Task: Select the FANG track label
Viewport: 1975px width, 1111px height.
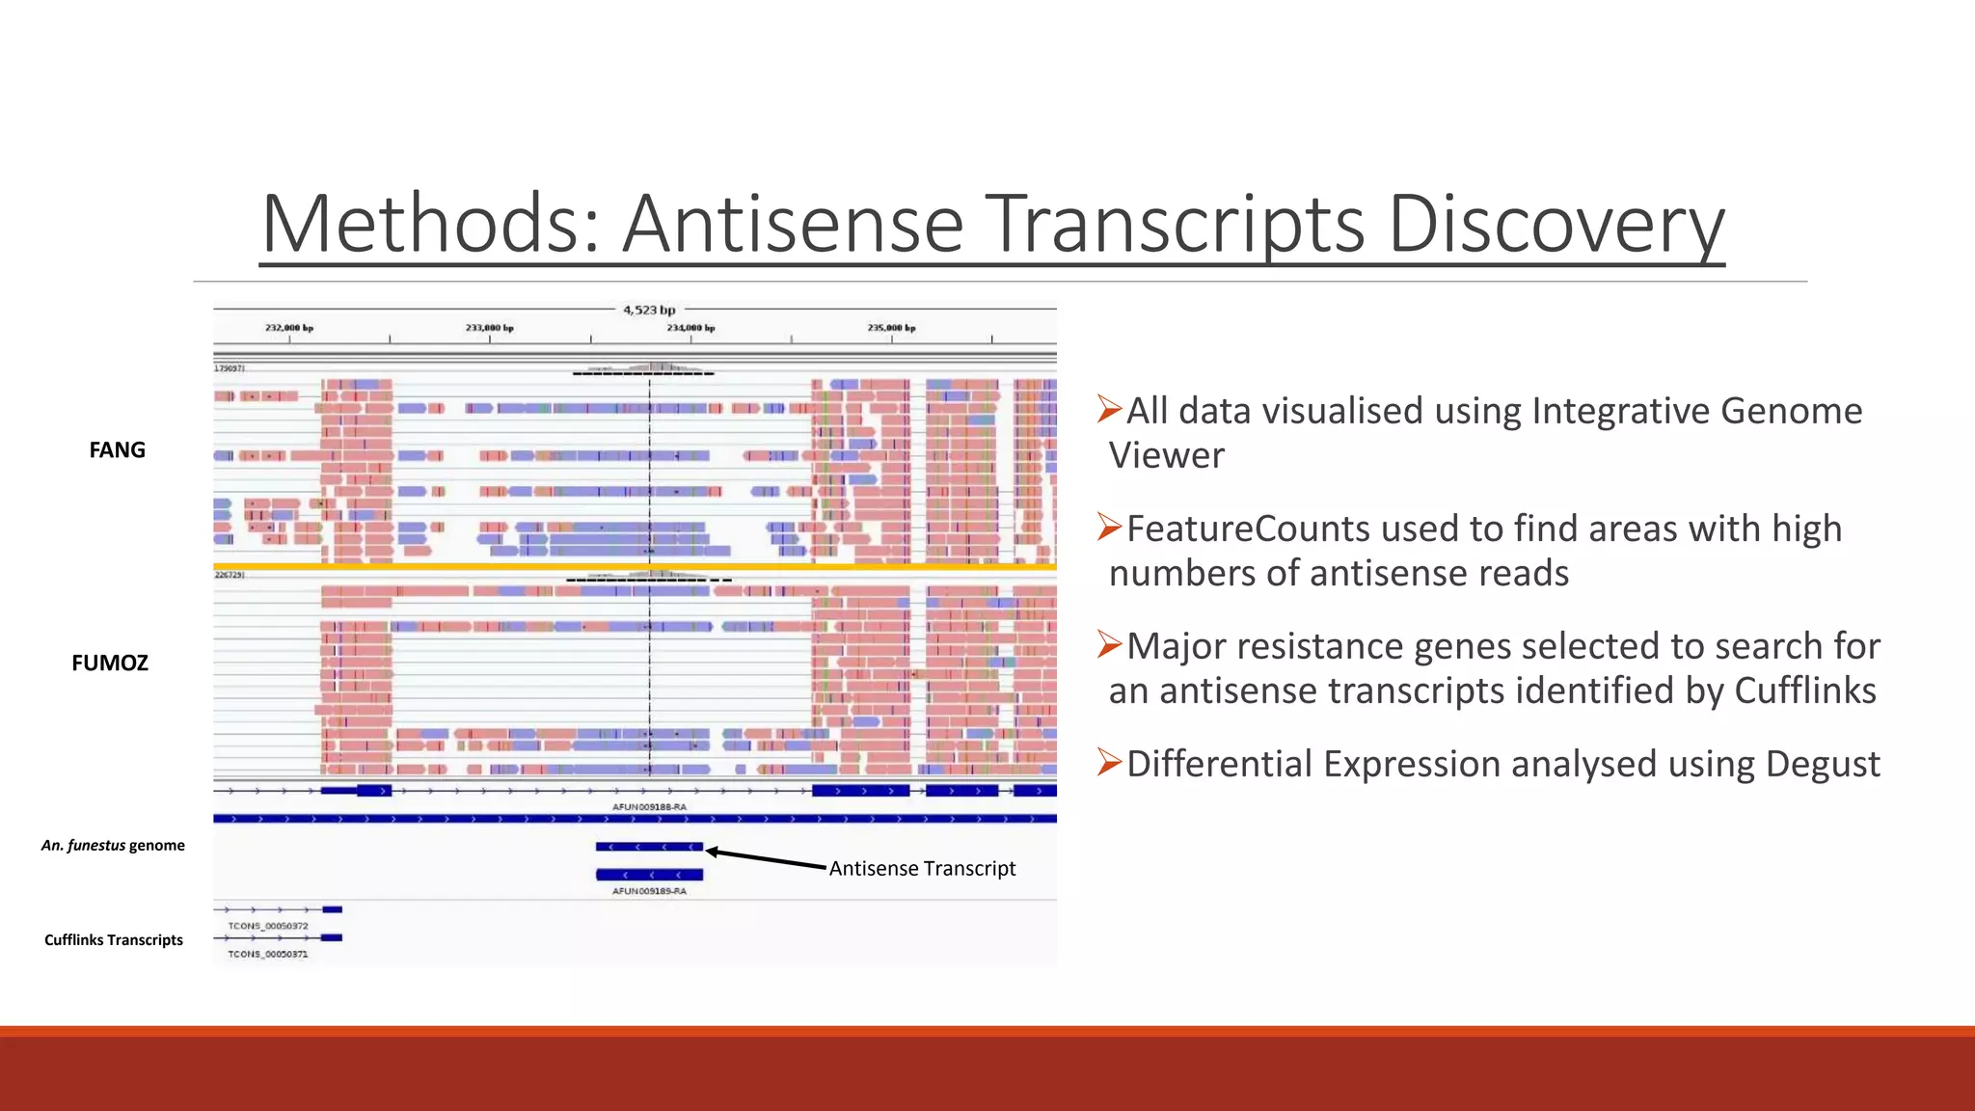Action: coord(117,450)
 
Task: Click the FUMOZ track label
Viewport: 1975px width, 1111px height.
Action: coord(110,664)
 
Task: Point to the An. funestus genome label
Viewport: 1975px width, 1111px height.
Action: coord(113,846)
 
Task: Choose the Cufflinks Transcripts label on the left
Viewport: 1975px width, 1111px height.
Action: coord(114,940)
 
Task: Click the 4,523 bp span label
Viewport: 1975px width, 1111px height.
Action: coord(649,310)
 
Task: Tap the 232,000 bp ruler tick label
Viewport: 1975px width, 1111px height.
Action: coord(289,328)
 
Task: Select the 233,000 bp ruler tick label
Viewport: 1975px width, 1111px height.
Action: coord(490,328)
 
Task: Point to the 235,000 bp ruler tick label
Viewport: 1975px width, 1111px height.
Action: coord(891,328)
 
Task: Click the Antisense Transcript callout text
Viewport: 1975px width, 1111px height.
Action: coord(922,869)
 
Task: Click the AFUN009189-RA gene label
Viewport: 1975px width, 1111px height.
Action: coord(649,891)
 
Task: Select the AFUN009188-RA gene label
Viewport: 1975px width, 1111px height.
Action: coord(649,807)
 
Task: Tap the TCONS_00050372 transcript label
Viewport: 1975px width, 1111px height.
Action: coord(268,926)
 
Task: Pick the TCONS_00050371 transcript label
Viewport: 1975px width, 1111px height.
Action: coord(268,954)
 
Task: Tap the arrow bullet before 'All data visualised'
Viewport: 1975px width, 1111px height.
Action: coord(1110,410)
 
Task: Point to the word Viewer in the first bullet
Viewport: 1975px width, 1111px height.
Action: coord(1167,456)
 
